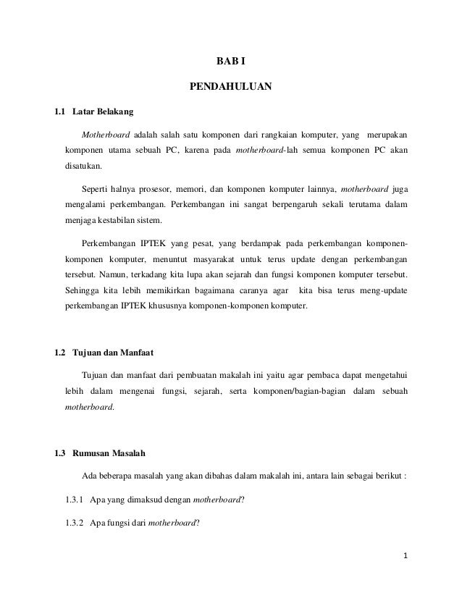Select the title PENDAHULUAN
[230, 88]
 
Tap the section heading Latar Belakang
[103, 113]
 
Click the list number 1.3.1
[73, 499]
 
